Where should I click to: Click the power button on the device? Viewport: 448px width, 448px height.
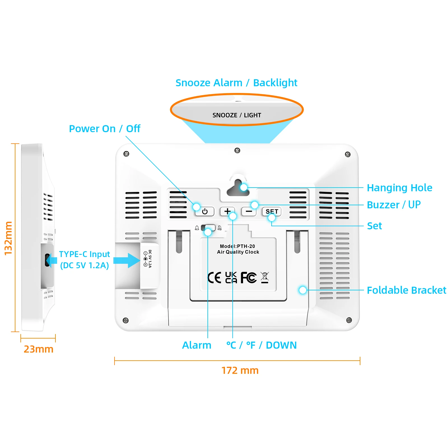[x=205, y=211]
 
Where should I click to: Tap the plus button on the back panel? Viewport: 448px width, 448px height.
[x=227, y=211]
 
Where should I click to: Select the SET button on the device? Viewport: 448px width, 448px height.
[x=272, y=211]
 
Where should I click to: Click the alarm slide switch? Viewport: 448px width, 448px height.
[x=208, y=228]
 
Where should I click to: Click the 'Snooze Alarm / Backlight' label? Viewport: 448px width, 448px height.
[x=236, y=83]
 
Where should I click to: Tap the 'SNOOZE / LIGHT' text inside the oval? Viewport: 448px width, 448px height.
[x=237, y=115]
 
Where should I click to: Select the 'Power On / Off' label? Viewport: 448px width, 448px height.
[x=104, y=129]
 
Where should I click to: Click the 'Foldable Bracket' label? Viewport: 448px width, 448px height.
[x=407, y=290]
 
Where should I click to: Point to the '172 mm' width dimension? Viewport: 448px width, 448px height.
[x=240, y=370]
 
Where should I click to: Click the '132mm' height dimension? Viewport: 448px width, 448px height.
[x=8, y=238]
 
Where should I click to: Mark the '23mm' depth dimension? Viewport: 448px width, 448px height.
[x=38, y=349]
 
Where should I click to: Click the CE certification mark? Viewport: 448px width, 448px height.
[x=214, y=277]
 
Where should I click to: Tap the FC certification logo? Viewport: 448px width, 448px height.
[x=249, y=277]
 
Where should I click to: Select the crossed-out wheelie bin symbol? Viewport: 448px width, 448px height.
[x=265, y=277]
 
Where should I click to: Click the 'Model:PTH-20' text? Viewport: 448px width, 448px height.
[x=237, y=246]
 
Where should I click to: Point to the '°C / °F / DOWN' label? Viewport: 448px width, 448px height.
[x=262, y=345]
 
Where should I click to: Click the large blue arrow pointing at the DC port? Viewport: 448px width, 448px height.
[x=127, y=261]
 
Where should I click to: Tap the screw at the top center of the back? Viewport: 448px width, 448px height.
[x=237, y=150]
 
